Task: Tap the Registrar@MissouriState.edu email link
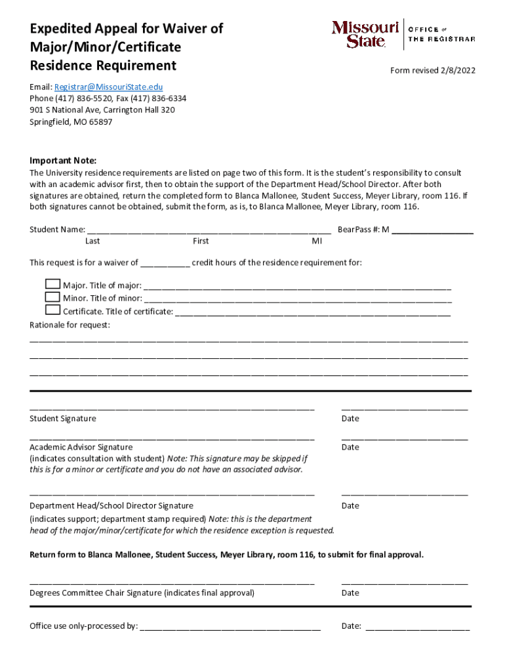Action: click(108, 87)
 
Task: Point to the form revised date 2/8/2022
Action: click(433, 71)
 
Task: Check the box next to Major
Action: click(52, 284)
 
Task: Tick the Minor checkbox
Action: click(52, 297)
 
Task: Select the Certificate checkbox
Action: click(52, 310)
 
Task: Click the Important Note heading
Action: click(63, 161)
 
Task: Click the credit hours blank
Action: click(165, 263)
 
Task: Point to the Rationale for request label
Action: click(70, 325)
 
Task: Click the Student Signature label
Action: click(63, 419)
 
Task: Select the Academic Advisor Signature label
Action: click(81, 447)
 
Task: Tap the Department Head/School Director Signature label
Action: click(111, 505)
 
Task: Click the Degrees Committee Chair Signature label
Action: click(142, 593)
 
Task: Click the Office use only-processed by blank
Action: click(230, 626)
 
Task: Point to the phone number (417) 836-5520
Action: click(85, 98)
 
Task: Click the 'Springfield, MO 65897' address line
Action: click(71, 122)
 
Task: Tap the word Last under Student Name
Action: click(92, 241)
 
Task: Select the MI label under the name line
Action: click(317, 241)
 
